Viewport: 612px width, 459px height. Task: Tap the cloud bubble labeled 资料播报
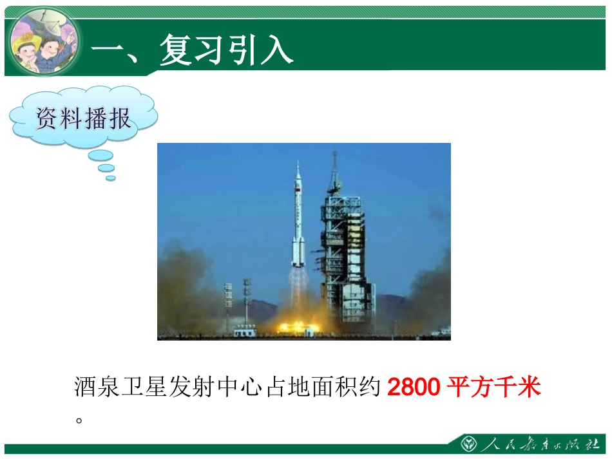point(83,118)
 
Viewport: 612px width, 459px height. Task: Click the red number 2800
point(414,388)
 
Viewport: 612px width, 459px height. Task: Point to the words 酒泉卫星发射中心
point(168,388)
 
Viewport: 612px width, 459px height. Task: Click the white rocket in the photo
point(298,219)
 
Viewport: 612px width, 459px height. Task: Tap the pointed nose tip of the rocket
point(298,164)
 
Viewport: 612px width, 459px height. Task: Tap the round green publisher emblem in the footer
point(468,445)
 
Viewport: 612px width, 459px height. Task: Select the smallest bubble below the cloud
point(111,178)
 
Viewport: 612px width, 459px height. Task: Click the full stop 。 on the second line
point(80,420)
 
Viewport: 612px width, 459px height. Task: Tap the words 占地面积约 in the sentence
point(322,388)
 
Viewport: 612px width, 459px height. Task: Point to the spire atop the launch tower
point(335,164)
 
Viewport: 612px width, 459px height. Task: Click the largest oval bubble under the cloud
point(100,156)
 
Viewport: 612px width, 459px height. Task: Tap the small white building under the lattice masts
point(244,331)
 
